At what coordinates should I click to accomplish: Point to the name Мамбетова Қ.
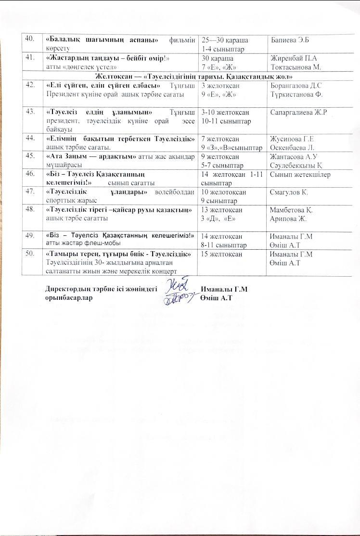292,210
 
